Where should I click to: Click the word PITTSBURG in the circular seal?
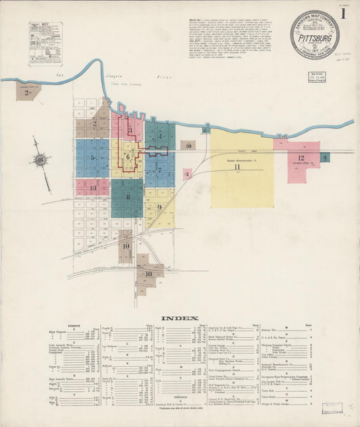pos(315,39)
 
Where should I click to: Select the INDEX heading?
pos(180,318)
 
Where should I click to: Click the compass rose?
pos(40,160)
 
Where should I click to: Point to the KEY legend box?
pos(45,43)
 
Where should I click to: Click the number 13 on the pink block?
pos(93,187)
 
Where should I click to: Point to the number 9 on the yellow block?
pos(159,207)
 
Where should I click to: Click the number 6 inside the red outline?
pos(127,157)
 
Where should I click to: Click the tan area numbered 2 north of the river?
pos(28,93)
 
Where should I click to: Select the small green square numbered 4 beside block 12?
pos(326,157)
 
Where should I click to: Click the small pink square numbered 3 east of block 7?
pos(186,174)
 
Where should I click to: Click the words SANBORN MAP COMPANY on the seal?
pos(315,20)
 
